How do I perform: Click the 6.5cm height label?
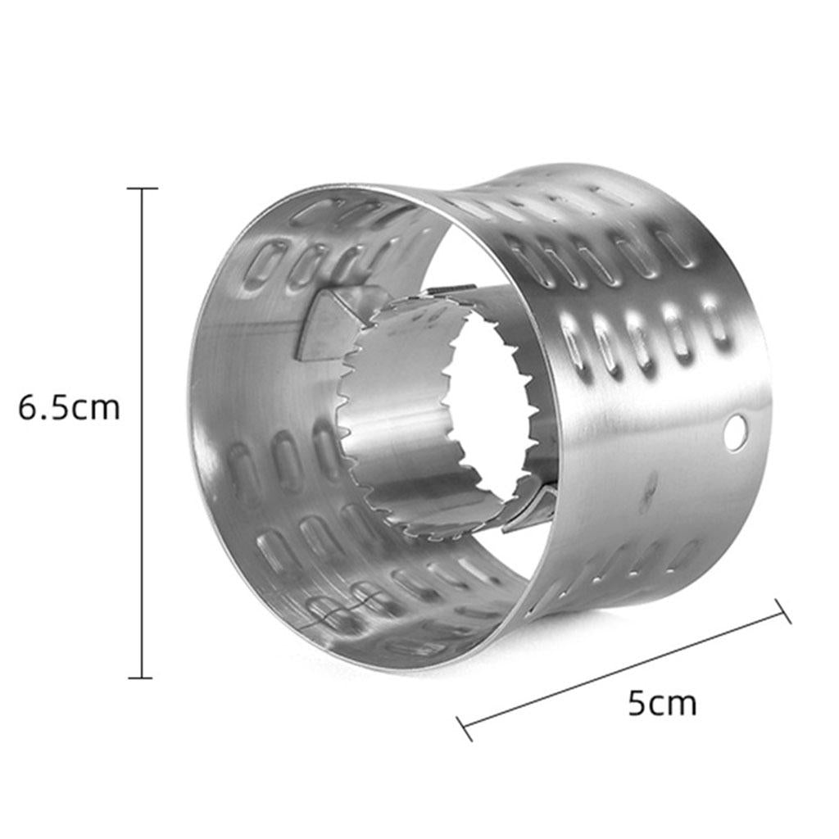point(69,408)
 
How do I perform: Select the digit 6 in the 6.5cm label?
point(28,408)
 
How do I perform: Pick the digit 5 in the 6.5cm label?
point(60,408)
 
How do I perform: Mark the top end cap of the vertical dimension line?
point(143,188)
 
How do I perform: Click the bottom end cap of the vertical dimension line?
point(141,678)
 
